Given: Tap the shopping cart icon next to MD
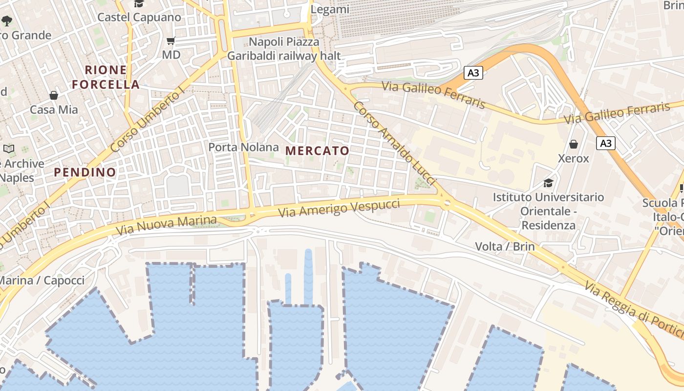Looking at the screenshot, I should (x=171, y=41).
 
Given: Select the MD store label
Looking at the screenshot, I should (x=171, y=54).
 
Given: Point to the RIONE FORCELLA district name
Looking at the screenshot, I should (x=106, y=77).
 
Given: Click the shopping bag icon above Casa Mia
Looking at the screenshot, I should (x=53, y=95).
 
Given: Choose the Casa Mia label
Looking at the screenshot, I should (x=54, y=109).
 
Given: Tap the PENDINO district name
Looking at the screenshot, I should (x=85, y=172).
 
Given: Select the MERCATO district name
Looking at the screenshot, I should (x=318, y=151).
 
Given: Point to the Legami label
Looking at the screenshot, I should (x=330, y=9).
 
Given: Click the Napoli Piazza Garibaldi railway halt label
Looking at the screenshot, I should (x=284, y=49).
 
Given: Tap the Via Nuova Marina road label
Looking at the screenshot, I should (x=166, y=225).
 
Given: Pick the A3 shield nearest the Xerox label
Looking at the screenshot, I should (x=605, y=143).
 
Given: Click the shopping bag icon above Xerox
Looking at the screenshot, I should (x=574, y=144).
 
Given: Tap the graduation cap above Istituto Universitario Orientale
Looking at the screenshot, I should (x=548, y=183).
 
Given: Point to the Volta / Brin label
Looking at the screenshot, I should (x=505, y=246).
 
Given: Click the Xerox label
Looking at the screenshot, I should (x=574, y=158).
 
